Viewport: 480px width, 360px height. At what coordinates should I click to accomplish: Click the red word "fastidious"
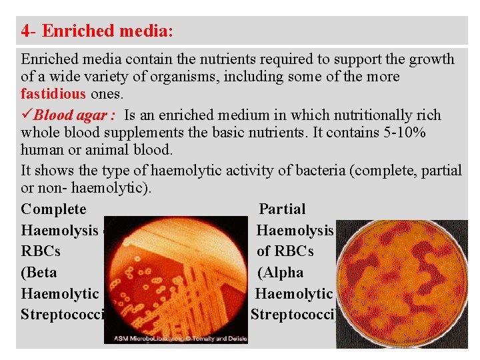pos(53,94)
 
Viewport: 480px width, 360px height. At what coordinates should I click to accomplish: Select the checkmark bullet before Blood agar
pos(27,115)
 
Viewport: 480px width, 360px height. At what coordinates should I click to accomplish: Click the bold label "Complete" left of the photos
pos(53,209)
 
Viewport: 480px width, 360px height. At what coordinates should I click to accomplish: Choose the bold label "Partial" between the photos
pos(282,209)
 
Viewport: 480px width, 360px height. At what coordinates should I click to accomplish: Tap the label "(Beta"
pos(39,273)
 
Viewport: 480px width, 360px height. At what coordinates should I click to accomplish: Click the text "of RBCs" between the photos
pos(285,251)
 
